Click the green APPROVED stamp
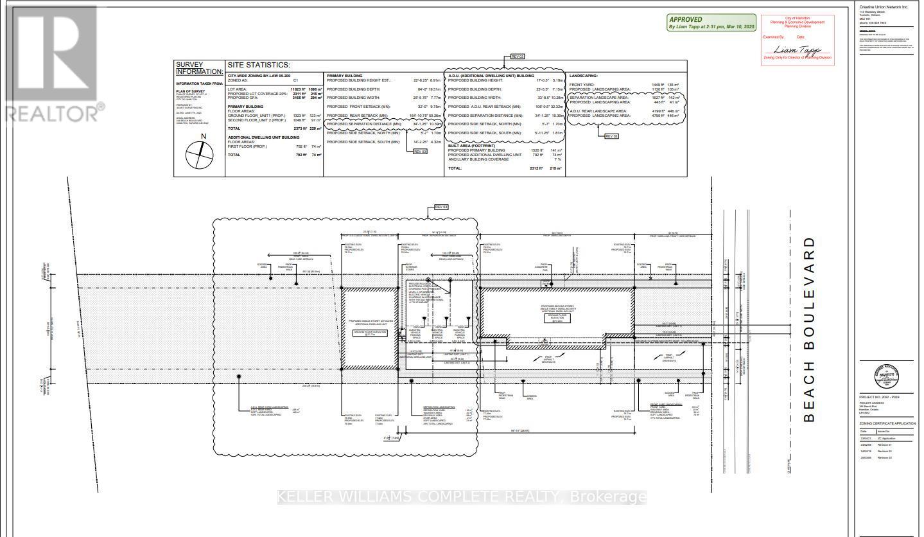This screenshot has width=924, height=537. click(x=712, y=23)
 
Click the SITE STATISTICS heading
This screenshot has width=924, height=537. click(x=259, y=65)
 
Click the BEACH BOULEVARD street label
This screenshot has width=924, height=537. click(x=809, y=330)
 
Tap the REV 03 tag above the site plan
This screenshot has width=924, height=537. click(x=441, y=207)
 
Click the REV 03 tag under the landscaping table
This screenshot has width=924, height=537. click(x=611, y=136)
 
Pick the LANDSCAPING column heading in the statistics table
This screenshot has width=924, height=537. click(x=583, y=76)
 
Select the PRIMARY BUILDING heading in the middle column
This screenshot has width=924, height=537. click(x=345, y=76)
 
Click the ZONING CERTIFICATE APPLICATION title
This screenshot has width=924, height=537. click(x=887, y=424)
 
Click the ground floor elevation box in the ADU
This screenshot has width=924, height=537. click(x=367, y=332)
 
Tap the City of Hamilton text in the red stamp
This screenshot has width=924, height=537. click(x=797, y=19)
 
